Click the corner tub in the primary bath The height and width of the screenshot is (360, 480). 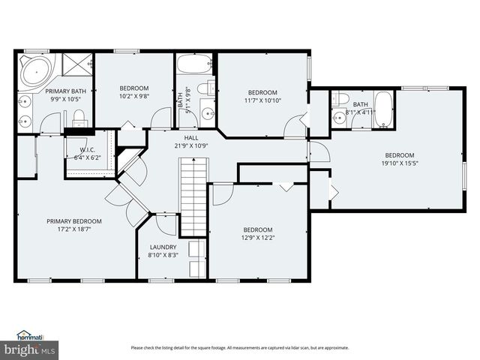[34, 70]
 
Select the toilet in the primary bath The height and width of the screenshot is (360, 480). [78, 116]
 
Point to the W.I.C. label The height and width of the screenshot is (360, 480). [89, 149]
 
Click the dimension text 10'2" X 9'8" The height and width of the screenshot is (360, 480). [134, 96]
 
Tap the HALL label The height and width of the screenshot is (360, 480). [190, 137]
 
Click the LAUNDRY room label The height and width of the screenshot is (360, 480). [163, 247]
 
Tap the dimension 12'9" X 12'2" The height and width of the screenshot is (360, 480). [257, 238]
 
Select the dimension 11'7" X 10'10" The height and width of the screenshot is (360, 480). [262, 100]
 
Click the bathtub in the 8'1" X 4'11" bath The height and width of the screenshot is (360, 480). [383, 109]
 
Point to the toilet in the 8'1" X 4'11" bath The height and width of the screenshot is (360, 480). [340, 100]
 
